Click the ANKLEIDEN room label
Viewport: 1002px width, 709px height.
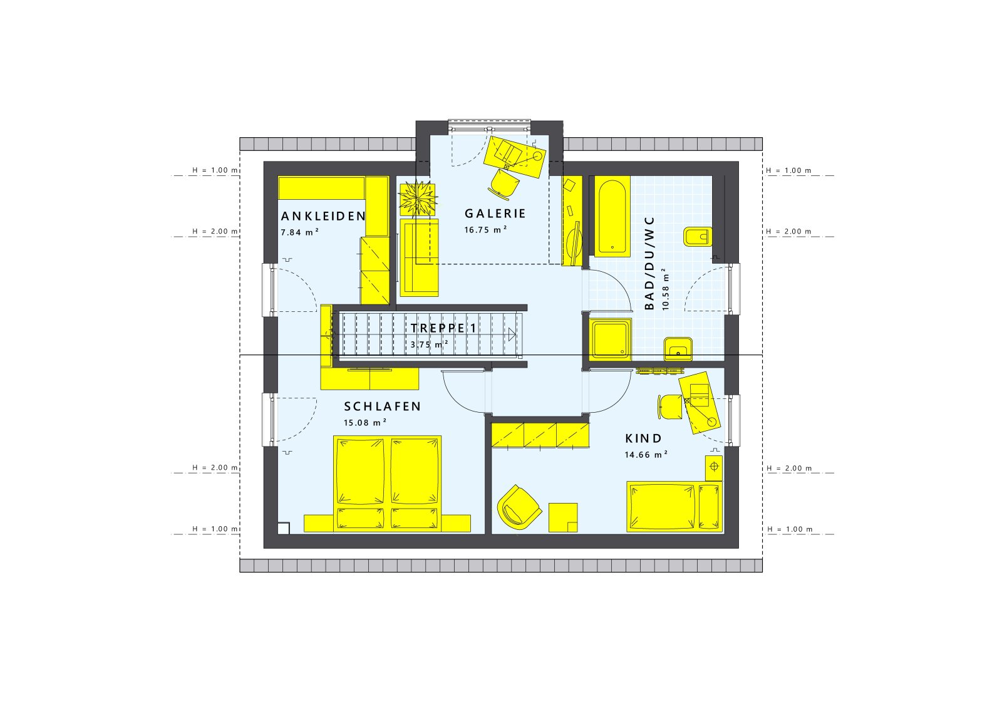pos(323,216)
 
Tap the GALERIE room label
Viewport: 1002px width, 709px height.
pos(495,214)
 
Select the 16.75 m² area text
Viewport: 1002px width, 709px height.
pos(485,230)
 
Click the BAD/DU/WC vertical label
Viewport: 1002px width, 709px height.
pos(649,263)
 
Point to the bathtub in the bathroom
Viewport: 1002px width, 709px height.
pos(612,217)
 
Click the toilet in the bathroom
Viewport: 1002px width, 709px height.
pos(698,237)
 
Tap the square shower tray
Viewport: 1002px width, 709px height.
pos(610,339)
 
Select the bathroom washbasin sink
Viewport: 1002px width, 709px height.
pos(678,348)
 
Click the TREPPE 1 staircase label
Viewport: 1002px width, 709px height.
pos(443,328)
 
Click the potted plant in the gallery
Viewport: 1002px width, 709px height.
pos(418,198)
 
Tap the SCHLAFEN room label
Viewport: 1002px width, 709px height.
pos(382,406)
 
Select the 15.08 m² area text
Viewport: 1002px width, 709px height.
pos(365,423)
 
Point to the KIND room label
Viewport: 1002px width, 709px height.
pos(643,438)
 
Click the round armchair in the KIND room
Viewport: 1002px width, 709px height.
pos(519,507)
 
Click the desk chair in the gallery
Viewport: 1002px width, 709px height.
pos(504,182)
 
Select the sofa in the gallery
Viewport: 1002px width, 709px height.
pos(420,257)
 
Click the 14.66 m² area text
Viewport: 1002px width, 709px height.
pos(646,455)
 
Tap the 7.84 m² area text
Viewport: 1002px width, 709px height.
pos(300,232)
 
